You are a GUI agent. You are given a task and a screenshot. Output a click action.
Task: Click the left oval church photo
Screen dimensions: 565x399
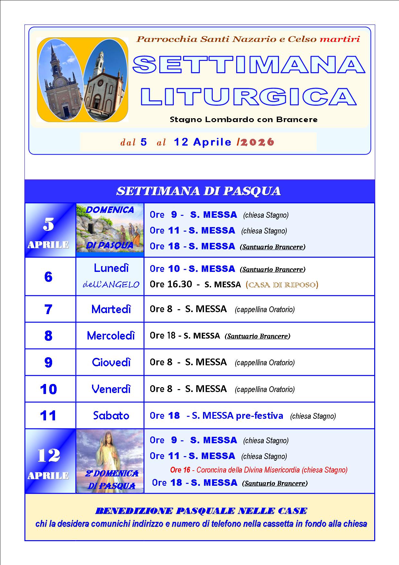(60, 80)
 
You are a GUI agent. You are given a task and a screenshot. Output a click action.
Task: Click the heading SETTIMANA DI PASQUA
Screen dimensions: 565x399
(199, 191)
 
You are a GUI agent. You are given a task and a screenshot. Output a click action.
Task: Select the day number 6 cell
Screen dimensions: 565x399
(48, 277)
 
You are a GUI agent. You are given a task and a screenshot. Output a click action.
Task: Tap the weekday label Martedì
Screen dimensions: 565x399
(111, 309)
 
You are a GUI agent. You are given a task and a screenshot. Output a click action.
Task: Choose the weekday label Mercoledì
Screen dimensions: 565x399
(111, 336)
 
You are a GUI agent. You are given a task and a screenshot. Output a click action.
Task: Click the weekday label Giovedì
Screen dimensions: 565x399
(111, 362)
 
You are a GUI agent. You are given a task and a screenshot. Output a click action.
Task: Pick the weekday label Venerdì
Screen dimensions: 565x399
(111, 389)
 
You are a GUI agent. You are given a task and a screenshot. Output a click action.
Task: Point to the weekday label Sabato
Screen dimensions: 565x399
(111, 416)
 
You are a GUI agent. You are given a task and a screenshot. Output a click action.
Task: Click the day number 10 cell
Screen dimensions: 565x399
(48, 389)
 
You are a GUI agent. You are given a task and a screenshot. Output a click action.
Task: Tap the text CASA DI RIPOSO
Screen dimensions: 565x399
(282, 285)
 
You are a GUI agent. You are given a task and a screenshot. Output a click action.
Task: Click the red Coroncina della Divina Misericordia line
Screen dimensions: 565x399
(259, 470)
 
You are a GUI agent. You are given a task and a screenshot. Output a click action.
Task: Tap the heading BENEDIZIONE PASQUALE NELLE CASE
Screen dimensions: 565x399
(201, 511)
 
